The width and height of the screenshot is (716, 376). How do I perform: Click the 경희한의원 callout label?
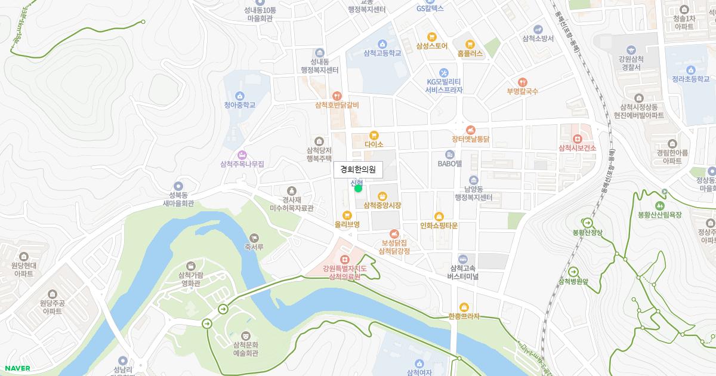[358, 169]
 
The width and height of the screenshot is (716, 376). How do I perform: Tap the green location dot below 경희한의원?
[358, 189]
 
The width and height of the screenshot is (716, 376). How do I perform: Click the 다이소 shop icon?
[374, 135]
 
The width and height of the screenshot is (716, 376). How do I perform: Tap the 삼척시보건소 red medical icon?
[577, 139]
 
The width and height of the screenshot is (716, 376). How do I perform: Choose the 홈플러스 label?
[470, 54]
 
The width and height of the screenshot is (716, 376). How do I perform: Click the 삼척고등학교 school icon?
[382, 44]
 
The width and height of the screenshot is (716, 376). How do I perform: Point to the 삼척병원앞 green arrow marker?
[573, 272]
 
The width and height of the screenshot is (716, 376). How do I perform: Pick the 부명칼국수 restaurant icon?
[522, 82]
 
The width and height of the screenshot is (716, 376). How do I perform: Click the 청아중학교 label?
[239, 105]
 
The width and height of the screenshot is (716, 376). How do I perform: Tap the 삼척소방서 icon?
[538, 29]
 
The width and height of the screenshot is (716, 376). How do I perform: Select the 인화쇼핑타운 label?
[439, 226]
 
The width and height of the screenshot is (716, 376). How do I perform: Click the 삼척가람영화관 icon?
[190, 265]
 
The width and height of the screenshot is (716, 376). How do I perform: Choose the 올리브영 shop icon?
[347, 215]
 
